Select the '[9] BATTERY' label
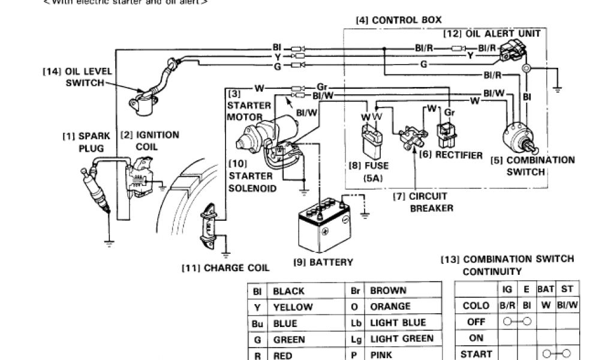point(323,262)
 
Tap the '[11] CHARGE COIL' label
point(225,268)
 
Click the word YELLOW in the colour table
point(293,307)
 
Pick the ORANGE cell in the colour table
point(391,307)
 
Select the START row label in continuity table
point(475,353)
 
